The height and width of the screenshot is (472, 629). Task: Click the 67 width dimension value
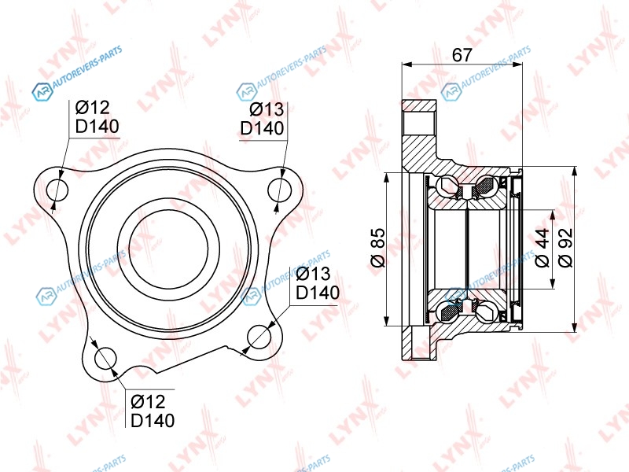pyautogui.click(x=462, y=55)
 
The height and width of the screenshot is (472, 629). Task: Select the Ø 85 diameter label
pyautogui.click(x=377, y=248)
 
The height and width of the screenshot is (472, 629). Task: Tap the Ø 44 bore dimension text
pyautogui.click(x=542, y=248)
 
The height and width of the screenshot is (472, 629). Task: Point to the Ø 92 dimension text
pyautogui.click(x=565, y=248)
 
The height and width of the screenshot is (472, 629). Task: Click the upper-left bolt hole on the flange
pyautogui.click(x=57, y=190)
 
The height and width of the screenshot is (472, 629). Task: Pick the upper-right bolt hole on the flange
pyautogui.click(x=280, y=190)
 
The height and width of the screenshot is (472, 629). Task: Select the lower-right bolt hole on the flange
pyautogui.click(x=259, y=337)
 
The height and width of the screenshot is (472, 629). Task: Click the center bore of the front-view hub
pyautogui.click(x=168, y=249)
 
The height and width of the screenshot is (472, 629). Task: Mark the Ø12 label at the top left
pyautogui.click(x=92, y=108)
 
